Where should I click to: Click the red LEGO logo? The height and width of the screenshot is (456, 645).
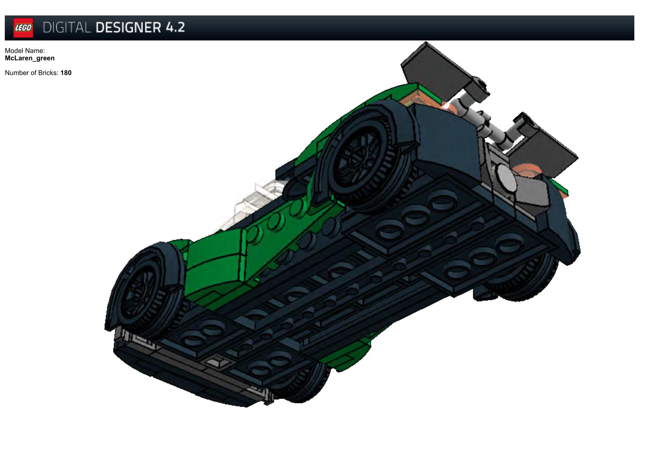(x=23, y=28)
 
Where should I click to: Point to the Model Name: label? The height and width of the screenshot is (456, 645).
(x=25, y=51)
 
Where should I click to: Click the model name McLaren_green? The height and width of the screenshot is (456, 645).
(x=30, y=58)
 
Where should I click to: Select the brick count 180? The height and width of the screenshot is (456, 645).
(x=66, y=73)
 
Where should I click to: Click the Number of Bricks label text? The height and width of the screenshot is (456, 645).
(x=32, y=73)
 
